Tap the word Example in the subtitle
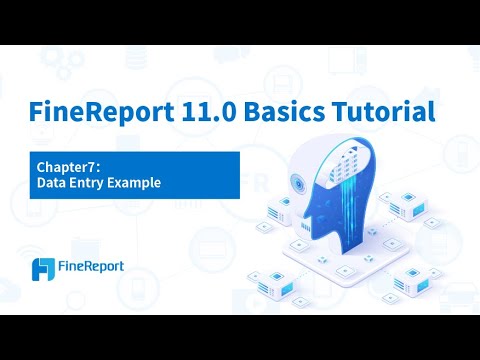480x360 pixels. click(137, 184)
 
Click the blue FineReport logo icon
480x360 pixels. click(44, 269)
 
